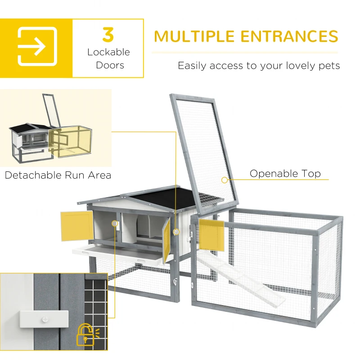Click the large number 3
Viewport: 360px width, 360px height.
click(x=108, y=35)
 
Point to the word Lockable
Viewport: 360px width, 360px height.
click(x=108, y=52)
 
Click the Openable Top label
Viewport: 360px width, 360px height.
click(x=285, y=174)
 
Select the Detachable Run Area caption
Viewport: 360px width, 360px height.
click(x=58, y=175)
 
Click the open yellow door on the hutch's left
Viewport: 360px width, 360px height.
click(x=77, y=225)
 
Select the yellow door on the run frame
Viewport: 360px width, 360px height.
click(x=211, y=235)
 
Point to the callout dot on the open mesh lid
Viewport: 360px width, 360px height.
click(x=224, y=180)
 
